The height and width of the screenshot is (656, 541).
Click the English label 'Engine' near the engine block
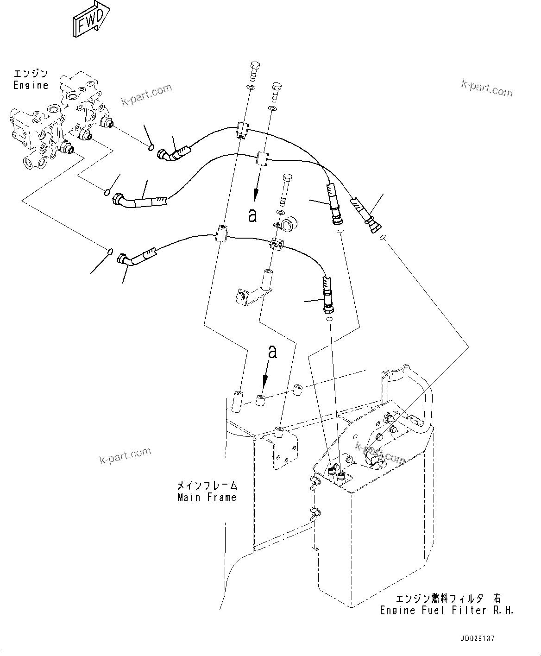pos(31,85)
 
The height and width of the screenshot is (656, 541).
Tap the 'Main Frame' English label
pos(207,498)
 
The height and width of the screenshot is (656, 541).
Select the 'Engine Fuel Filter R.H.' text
pos(447,610)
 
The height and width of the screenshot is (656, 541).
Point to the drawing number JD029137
pos(477,638)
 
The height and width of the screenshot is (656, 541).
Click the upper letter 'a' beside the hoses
pos(252,215)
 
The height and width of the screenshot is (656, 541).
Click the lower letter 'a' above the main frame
pos(273,352)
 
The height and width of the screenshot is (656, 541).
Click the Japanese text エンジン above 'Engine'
pos(31,74)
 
